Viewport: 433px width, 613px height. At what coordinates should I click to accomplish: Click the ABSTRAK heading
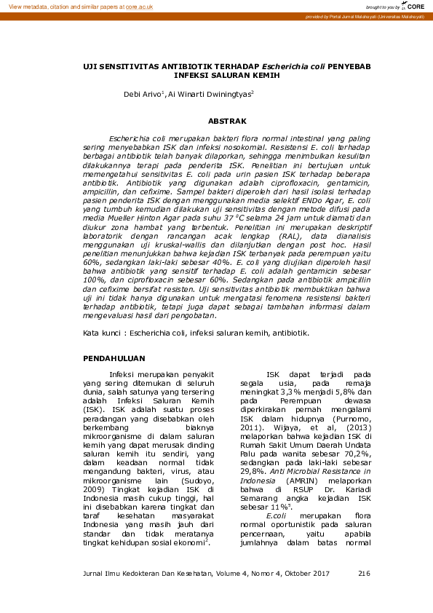227,121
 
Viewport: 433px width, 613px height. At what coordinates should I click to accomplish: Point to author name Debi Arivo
143,94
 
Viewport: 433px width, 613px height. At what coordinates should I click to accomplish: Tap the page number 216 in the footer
365,574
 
